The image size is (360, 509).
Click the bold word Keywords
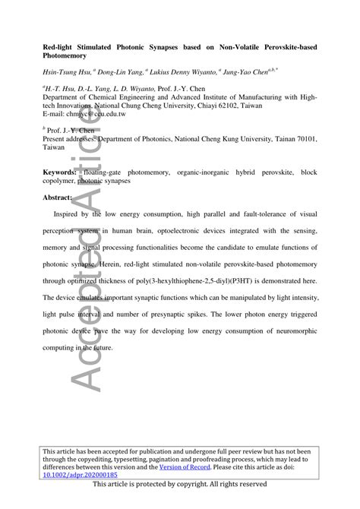(x=62, y=174)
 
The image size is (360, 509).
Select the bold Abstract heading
(x=58, y=198)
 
